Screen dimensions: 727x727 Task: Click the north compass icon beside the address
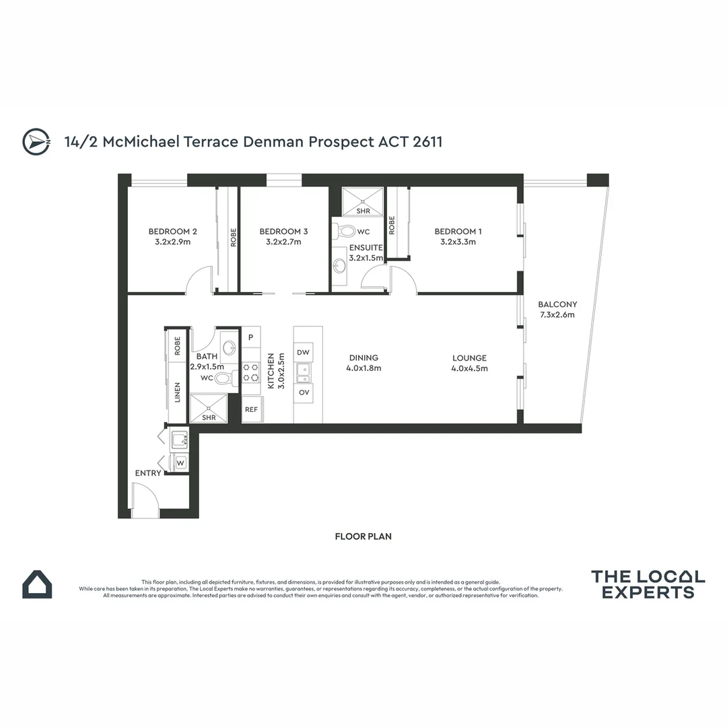pos(36,141)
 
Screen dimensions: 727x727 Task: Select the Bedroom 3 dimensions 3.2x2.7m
pos(283,242)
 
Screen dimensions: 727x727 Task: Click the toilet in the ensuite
pos(345,232)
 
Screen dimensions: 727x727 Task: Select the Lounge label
pos(469,358)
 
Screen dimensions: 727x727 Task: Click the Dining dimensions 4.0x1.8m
pos(363,368)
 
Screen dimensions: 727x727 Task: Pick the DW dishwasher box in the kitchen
pos(304,352)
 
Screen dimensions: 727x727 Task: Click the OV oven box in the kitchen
pos(304,392)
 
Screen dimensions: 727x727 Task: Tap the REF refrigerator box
pos(251,409)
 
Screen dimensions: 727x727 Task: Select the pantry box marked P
pos(251,337)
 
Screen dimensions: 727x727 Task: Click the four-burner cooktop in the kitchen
pos(251,373)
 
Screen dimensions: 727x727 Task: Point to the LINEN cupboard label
pos(178,392)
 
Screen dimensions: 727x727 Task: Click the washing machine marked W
pos(180,462)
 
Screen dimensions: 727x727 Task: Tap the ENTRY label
pos(148,473)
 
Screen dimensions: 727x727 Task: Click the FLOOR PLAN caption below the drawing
pos(363,536)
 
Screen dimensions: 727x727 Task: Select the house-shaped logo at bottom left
pos(37,584)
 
